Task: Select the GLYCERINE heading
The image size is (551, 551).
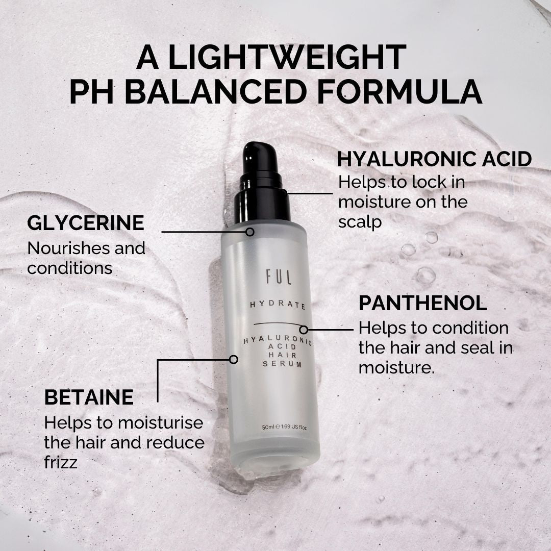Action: pyautogui.click(x=86, y=223)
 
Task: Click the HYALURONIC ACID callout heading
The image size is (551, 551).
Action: pyautogui.click(x=434, y=159)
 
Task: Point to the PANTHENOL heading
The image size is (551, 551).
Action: pyautogui.click(x=423, y=303)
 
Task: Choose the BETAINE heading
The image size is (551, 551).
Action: pyautogui.click(x=89, y=397)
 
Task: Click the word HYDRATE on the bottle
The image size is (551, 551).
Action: pyautogui.click(x=278, y=306)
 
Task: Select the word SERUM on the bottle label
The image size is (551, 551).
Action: pyautogui.click(x=283, y=364)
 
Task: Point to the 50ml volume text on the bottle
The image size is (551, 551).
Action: pyautogui.click(x=268, y=427)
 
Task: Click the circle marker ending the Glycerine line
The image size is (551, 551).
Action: pyautogui.click(x=250, y=232)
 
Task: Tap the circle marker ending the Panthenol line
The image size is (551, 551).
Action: pyautogui.click(x=304, y=330)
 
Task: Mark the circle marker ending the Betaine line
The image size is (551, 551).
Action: pyautogui.click(x=234, y=359)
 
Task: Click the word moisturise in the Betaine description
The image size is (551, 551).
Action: pyautogui.click(x=161, y=423)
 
